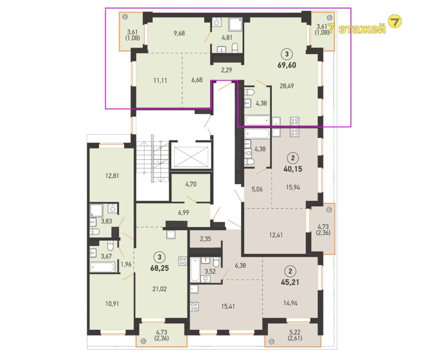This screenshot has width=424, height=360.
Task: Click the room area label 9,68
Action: (x=179, y=33)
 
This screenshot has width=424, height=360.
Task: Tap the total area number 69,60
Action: (x=286, y=65)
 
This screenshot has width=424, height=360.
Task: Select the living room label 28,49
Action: (x=287, y=86)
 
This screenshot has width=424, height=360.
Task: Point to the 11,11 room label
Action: (x=160, y=80)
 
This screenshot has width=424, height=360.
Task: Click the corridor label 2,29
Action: (x=227, y=70)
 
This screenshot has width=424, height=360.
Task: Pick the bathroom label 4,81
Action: (x=227, y=37)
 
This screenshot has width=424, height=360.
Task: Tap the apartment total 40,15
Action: (x=293, y=169)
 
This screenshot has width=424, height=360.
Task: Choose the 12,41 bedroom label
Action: (x=276, y=235)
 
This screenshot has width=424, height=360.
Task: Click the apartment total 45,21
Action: (x=290, y=282)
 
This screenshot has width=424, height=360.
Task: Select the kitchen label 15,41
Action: (x=228, y=306)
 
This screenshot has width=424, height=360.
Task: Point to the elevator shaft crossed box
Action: (x=192, y=157)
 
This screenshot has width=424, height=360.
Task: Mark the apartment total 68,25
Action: (x=159, y=268)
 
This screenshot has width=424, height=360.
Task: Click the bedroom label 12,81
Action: (x=112, y=176)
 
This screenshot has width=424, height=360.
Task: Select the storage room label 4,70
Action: (x=191, y=184)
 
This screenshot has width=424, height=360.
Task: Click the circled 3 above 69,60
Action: (x=287, y=54)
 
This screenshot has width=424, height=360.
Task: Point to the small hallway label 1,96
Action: (x=126, y=264)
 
